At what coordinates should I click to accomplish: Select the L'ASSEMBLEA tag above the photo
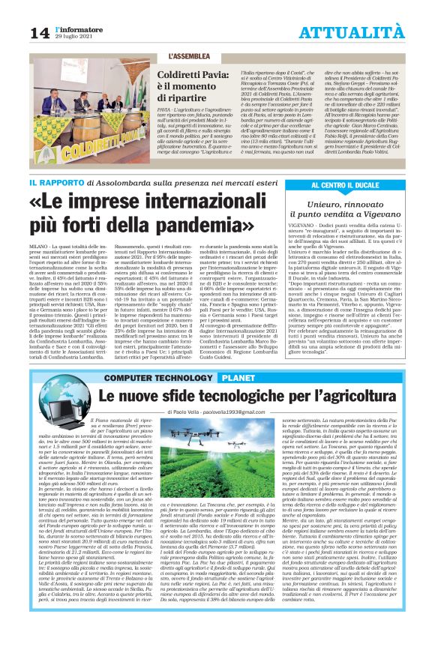tap(191, 56)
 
